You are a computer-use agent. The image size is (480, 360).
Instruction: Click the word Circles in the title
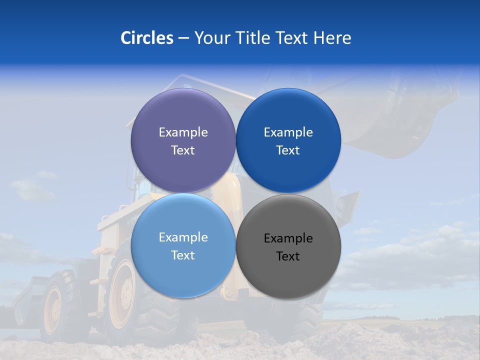point(146,38)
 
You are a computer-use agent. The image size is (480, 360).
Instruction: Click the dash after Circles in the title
point(183,38)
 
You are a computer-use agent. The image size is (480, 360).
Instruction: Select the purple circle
point(183,115)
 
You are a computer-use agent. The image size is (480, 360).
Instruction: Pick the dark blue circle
point(288,115)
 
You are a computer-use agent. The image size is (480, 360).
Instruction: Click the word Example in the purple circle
point(183,132)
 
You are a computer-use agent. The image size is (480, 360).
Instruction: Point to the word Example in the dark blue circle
point(288,132)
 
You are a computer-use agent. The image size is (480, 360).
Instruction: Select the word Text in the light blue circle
point(183,255)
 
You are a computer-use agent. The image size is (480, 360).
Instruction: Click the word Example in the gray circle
point(288,238)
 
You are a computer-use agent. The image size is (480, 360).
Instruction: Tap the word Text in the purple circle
point(183,150)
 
